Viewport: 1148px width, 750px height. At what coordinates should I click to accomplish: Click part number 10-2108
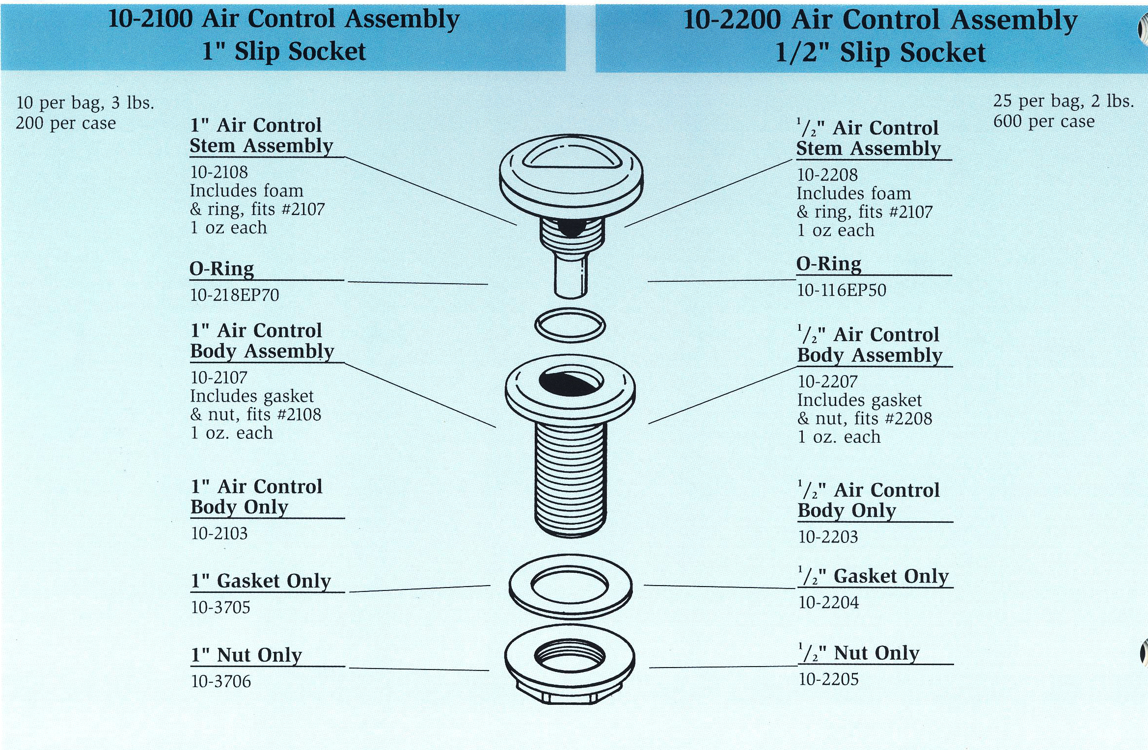[x=219, y=172]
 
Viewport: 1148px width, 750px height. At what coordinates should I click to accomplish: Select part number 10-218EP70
[x=235, y=295]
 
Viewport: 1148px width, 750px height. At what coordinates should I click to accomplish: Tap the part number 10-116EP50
[x=842, y=290]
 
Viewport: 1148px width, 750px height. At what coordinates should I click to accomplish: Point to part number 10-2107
[x=219, y=377]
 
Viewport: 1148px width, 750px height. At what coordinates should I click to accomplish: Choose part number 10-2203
[x=828, y=537]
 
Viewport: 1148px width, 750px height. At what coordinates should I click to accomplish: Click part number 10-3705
[x=220, y=608]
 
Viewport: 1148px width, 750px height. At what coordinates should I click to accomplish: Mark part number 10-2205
[x=829, y=679]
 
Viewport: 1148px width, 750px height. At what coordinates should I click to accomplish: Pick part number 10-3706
[x=221, y=681]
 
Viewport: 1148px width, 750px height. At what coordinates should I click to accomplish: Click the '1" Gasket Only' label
[x=261, y=581]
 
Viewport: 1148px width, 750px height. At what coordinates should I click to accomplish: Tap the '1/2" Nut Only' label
[x=859, y=653]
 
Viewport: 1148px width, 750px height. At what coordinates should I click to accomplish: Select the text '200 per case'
[x=66, y=123]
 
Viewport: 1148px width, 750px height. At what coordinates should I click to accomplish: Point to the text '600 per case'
[x=1044, y=121]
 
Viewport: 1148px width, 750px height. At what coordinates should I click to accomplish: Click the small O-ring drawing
[x=570, y=325]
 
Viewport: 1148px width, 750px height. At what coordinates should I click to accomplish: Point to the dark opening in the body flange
[x=570, y=383]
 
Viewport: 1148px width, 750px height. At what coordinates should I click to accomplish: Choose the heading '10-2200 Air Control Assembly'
[x=880, y=20]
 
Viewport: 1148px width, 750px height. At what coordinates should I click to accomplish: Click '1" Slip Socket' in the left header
[x=284, y=52]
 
